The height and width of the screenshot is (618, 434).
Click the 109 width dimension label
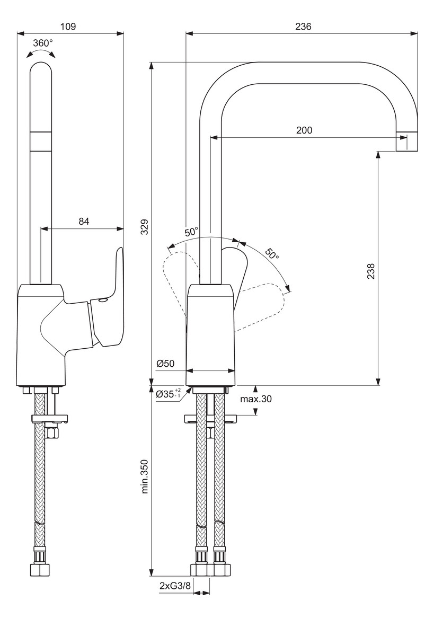[68, 27]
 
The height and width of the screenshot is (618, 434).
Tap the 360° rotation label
[43, 43]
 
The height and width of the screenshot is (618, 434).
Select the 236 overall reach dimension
[303, 27]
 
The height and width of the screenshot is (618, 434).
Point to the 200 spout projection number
[304, 130]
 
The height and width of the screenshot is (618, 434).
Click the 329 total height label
[145, 227]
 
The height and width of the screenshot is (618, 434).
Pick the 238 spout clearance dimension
[371, 271]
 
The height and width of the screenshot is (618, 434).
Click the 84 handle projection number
[84, 221]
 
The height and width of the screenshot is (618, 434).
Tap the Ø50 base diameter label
[165, 364]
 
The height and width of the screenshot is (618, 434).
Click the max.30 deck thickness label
[256, 399]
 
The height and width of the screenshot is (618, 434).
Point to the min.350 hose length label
[145, 476]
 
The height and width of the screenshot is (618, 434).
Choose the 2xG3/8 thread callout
[175, 597]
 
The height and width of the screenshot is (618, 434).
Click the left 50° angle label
[192, 232]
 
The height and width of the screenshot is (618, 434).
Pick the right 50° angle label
[271, 253]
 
